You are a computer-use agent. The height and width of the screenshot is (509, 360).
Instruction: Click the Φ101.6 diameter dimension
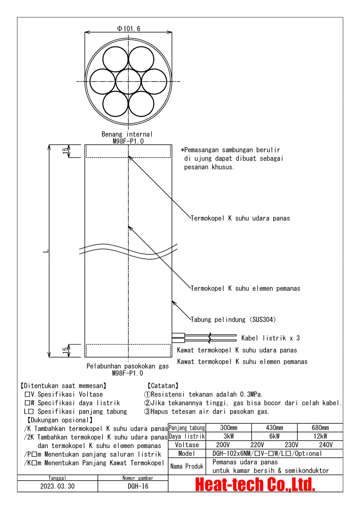pyautogui.click(x=129, y=29)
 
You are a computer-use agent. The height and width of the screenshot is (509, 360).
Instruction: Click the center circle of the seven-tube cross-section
pyautogui.click(x=128, y=81)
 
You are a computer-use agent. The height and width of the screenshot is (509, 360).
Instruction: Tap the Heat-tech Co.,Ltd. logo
pyautogui.click(x=255, y=484)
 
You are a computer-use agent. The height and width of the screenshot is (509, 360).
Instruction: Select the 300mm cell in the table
pyautogui.click(x=229, y=428)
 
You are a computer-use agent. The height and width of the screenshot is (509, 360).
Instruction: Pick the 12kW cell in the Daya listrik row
pyautogui.click(x=320, y=436)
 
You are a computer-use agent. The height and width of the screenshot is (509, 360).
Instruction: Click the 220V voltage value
pyautogui.click(x=257, y=445)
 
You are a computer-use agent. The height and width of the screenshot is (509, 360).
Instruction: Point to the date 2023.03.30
pyautogui.click(x=58, y=486)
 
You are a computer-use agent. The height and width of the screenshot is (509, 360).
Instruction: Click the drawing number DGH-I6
pyautogui.click(x=138, y=486)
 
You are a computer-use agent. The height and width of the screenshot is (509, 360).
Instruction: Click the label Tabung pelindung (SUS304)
pyautogui.click(x=233, y=320)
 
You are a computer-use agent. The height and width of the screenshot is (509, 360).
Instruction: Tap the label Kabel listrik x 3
pyautogui.click(x=270, y=338)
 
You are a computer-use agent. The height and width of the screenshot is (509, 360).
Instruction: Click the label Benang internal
pyautogui.click(x=127, y=134)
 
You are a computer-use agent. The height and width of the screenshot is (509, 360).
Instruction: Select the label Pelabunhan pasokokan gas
pyautogui.click(x=127, y=366)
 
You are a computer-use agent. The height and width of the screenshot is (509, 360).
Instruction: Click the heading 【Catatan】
pyautogui.click(x=163, y=385)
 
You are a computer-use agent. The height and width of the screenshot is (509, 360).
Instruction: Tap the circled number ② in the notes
pyautogui.click(x=147, y=403)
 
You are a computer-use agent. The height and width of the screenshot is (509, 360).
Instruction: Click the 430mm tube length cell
pyautogui.click(x=274, y=428)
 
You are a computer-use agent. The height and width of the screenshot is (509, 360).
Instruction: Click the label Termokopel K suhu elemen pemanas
pyautogui.click(x=245, y=288)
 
